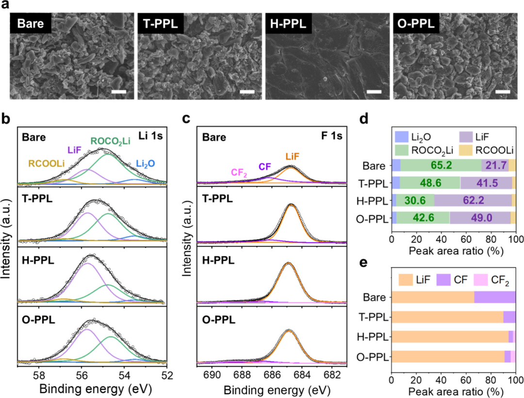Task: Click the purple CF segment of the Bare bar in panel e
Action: (494, 297)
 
